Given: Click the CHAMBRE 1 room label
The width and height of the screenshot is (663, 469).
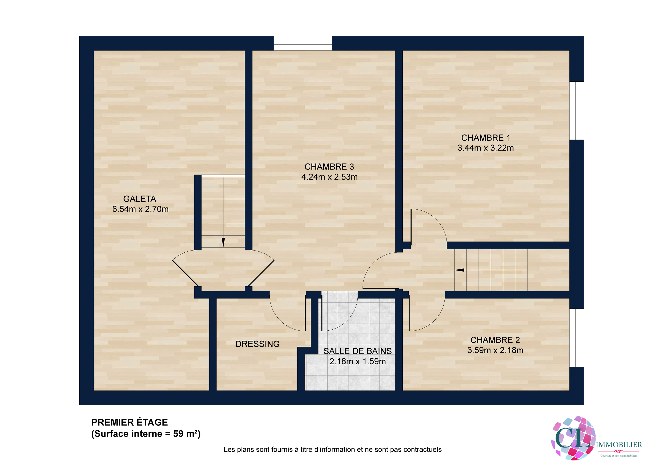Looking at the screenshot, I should click(x=486, y=138).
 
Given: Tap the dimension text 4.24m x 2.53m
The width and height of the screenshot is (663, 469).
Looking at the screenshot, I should click(x=329, y=177).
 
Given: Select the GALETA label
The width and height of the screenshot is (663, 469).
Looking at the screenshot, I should click(x=140, y=199).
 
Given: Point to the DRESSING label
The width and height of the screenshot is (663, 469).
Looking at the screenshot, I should click(x=257, y=344).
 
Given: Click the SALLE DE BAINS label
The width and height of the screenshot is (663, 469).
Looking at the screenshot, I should click(x=357, y=351).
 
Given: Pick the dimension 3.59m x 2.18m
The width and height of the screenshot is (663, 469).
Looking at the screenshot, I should click(x=495, y=350).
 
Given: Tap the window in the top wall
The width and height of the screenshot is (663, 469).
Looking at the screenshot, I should click(x=303, y=43).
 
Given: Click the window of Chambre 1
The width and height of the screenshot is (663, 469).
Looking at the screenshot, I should click(x=576, y=111).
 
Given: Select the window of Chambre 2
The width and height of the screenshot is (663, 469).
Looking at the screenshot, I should click(x=576, y=338).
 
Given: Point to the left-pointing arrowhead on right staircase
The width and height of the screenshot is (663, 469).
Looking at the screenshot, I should click(x=460, y=270).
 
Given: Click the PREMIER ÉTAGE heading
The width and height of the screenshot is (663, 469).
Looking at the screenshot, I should click(x=129, y=422).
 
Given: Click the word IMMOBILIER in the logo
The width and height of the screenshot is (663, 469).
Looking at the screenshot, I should click(x=618, y=445).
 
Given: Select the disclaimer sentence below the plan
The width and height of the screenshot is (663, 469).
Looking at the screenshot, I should click(x=332, y=449).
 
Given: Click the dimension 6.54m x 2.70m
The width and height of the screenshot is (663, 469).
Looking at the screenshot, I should click(x=140, y=209).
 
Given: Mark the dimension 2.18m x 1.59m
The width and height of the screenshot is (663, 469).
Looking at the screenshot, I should click(x=357, y=361).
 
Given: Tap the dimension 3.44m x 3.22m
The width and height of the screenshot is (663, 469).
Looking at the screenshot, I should click(x=486, y=148).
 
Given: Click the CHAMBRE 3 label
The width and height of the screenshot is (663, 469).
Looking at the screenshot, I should click(x=329, y=167).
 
